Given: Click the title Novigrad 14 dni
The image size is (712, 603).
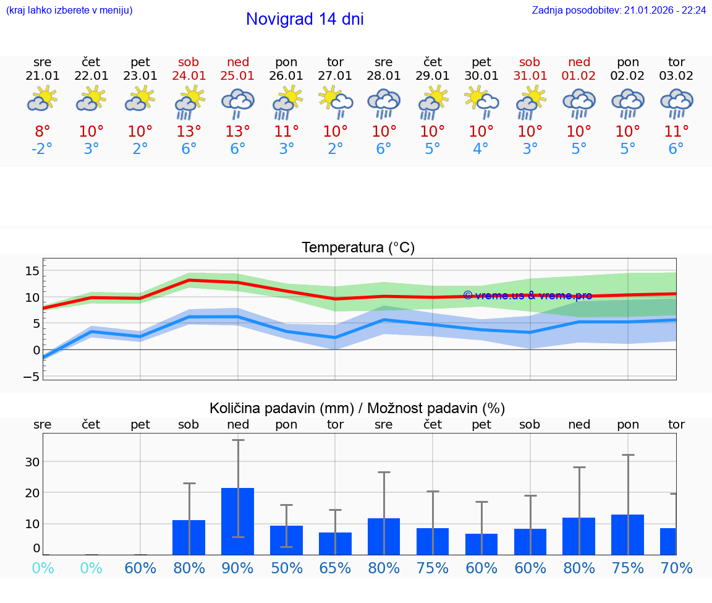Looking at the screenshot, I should click(305, 19).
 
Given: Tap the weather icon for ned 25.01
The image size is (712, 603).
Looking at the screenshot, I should click(238, 103).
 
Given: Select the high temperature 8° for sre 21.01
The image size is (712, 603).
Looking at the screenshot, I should click(42, 132).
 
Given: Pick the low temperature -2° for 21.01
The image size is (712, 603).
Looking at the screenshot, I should click(42, 149).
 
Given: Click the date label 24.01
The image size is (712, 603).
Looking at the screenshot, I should click(189, 76).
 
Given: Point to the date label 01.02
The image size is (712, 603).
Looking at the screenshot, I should click(579, 76).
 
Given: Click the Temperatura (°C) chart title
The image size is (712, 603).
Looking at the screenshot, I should click(358, 248).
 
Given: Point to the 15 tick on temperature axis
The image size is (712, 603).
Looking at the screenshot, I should click(32, 271).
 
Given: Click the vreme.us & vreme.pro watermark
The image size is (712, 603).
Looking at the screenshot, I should click(527, 296).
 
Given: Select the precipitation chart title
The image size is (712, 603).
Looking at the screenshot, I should click(357, 408).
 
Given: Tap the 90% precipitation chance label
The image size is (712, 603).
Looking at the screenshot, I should click(238, 568).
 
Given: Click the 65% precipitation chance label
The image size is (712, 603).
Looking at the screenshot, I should click(335, 568).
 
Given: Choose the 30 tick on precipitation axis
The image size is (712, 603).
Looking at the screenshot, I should click(32, 462).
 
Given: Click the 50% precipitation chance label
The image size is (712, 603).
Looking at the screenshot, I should click(286, 568).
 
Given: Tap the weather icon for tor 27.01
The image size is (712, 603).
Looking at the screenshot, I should click(335, 103).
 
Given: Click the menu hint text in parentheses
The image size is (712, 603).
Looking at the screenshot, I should click(69, 11).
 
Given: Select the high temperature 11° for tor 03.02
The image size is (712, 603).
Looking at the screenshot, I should click(676, 132).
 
